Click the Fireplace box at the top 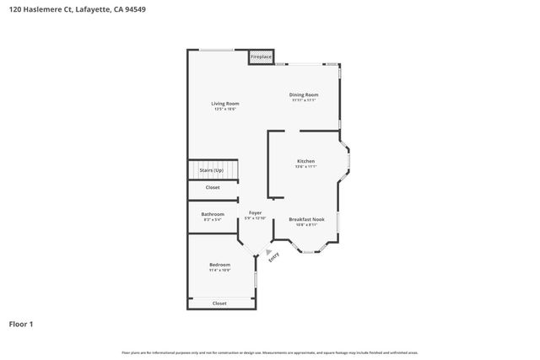261,57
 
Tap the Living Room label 225,104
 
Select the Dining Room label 304,94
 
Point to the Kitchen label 305,161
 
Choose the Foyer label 255,213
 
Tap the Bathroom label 213,214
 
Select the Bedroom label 219,265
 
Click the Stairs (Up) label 212,170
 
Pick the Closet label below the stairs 213,187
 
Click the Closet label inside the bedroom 219,303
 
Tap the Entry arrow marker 268,251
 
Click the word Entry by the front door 274,260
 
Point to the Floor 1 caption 22,323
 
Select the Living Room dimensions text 225,109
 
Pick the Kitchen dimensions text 305,166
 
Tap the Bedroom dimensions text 219,270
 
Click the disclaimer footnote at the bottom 270,352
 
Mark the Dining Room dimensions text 304,99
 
